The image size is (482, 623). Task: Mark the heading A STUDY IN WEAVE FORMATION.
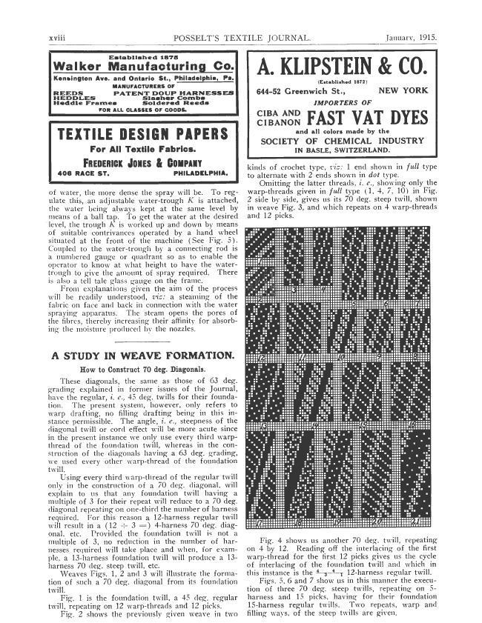141,355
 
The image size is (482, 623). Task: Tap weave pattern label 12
261,359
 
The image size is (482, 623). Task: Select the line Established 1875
142,56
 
